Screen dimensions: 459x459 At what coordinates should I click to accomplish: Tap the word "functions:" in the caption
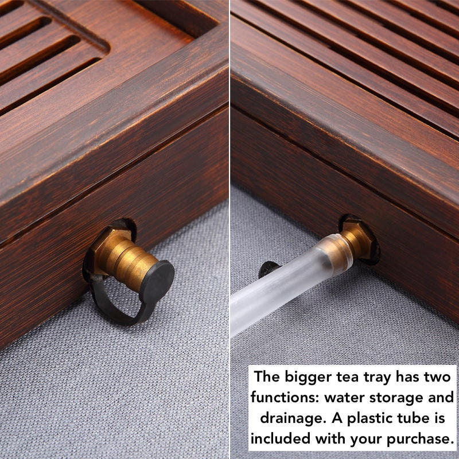285,398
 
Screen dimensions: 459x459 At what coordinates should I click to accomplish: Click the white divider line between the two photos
229,172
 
